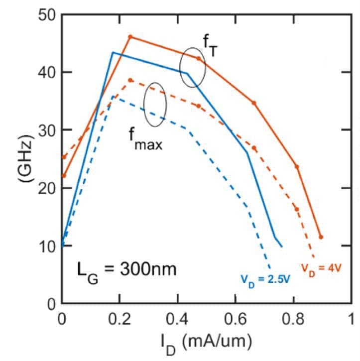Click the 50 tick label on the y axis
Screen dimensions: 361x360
tap(47, 14)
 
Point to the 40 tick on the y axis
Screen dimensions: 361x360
tap(47, 72)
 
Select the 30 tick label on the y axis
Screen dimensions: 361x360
tap(47, 130)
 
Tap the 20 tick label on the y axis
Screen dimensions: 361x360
tap(47, 188)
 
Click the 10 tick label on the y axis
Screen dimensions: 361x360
tap(47, 245)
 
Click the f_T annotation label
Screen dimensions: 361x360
tap(209, 45)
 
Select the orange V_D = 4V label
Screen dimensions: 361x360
tap(322, 267)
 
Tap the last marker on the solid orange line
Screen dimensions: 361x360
tap(321, 237)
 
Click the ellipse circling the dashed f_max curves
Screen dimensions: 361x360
tap(155, 104)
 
